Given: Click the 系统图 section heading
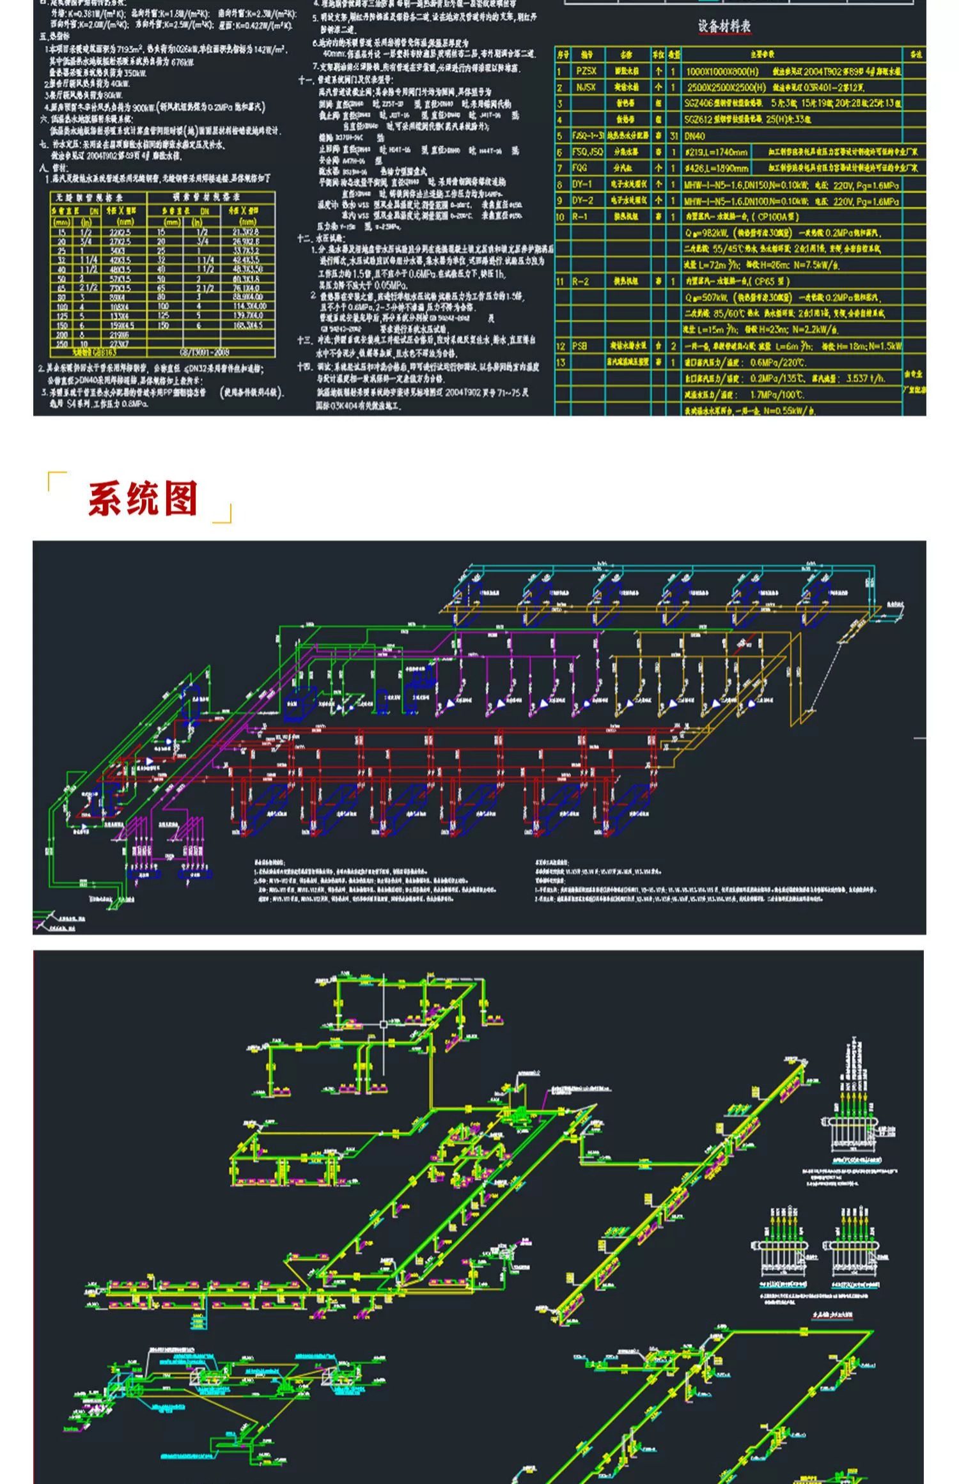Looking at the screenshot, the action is tap(143, 499).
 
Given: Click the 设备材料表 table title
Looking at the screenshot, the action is tap(724, 26).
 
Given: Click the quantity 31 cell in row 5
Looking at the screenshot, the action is tap(674, 136).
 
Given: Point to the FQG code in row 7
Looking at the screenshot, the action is tap(579, 168).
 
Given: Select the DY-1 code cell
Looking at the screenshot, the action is tap(582, 185).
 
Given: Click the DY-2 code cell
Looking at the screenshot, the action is tap(582, 201).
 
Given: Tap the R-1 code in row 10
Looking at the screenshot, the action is tap(580, 217).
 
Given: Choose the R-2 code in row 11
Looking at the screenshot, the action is tap(580, 281).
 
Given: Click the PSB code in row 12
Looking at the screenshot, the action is tap(579, 346).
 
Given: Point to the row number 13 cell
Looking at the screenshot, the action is tap(561, 362).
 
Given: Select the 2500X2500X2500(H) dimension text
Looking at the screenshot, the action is tap(726, 88).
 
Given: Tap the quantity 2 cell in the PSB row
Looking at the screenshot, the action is tap(674, 346).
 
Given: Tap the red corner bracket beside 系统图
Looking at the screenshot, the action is tap(56, 480).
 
